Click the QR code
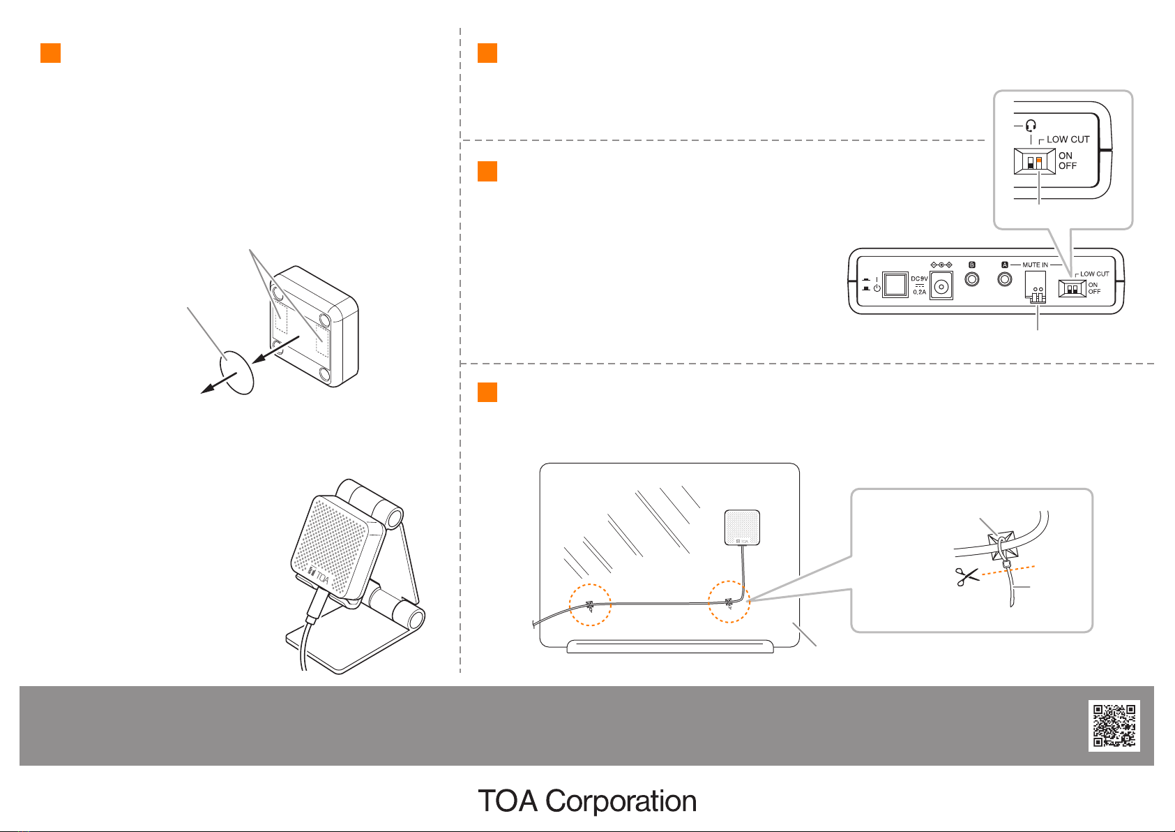(1114, 725)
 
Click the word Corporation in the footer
(621, 801)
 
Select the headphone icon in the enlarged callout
(1031, 126)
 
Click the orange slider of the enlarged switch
(1038, 160)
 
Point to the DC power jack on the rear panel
(941, 286)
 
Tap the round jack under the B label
(971, 279)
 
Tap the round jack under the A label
(1005, 279)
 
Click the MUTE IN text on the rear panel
(1035, 265)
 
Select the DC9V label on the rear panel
(919, 278)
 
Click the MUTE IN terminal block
(1036, 287)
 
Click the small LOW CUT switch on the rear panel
(1072, 288)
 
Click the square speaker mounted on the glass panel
(742, 527)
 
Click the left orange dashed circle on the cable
(590, 604)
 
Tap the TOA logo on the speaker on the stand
(318, 577)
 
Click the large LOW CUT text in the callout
(1068, 140)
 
